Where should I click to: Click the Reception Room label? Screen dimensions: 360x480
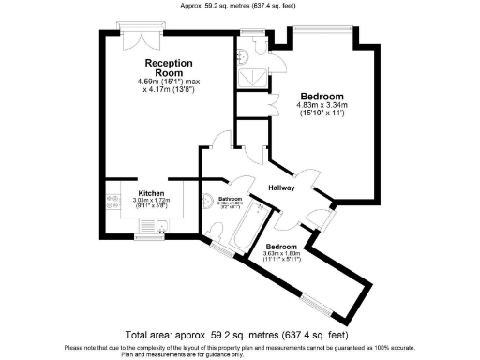[x=162, y=67]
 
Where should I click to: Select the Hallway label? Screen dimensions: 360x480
[x=282, y=187]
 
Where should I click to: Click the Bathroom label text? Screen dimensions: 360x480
[x=231, y=199]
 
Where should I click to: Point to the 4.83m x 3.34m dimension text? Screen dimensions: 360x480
[x=322, y=106]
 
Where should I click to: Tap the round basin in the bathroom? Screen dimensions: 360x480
[x=207, y=200]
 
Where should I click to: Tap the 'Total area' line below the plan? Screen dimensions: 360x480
[x=240, y=335]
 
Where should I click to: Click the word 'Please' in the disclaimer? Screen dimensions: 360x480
[x=72, y=346]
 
